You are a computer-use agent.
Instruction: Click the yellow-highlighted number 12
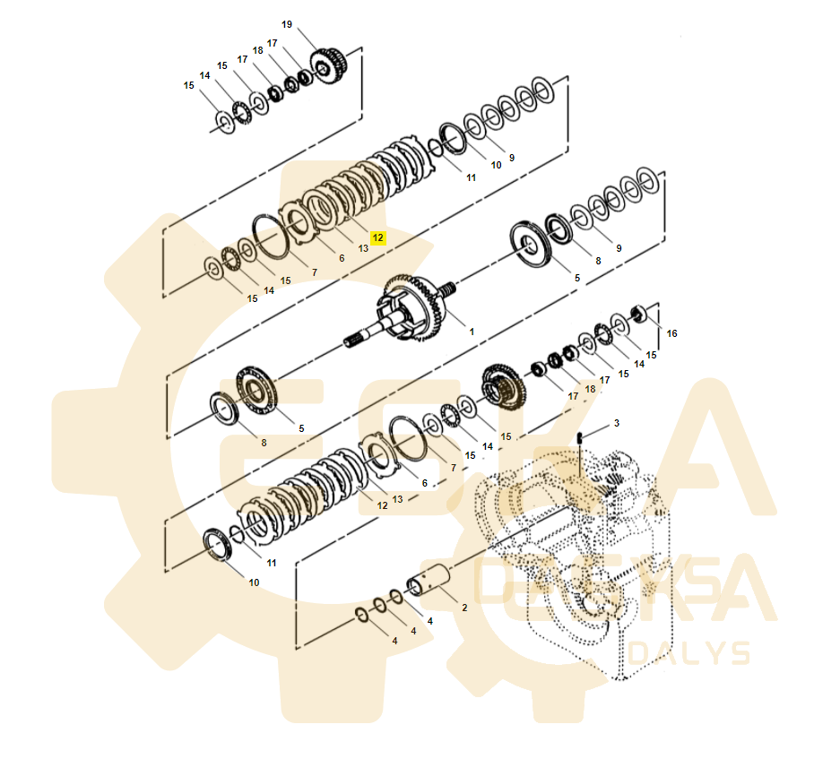point(377,238)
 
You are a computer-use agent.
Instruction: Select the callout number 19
point(287,24)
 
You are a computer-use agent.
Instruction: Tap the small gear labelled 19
point(330,65)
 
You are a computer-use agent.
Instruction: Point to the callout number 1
point(472,332)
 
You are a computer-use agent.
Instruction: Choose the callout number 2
point(463,608)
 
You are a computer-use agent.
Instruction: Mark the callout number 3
point(616,422)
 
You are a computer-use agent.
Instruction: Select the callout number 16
point(671,333)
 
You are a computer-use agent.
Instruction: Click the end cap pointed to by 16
point(641,313)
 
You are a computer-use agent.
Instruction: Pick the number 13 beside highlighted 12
point(363,248)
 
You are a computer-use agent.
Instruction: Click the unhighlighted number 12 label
point(382,505)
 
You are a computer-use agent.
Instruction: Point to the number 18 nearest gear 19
point(258,51)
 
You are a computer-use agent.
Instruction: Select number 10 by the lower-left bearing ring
point(254,582)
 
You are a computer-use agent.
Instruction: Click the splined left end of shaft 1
point(358,340)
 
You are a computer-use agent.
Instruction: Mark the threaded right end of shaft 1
point(449,288)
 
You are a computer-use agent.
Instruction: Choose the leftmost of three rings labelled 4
point(360,614)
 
